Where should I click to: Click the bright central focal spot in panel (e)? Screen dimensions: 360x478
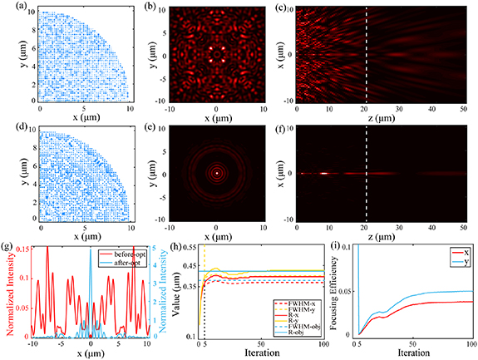tap(216, 174)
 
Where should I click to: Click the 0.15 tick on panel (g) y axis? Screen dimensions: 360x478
tap(24, 247)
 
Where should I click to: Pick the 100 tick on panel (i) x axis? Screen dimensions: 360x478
tap(471, 344)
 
